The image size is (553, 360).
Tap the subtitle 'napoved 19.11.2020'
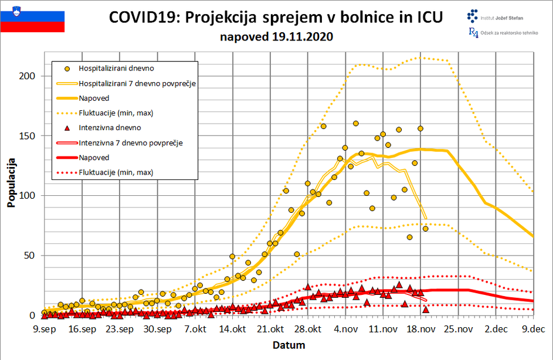(276, 37)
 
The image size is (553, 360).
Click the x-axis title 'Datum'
(289, 345)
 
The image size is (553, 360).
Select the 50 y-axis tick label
(29, 255)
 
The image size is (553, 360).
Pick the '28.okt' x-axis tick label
(307, 330)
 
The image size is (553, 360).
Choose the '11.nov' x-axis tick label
(382, 330)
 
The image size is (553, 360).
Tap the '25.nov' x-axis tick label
(457, 330)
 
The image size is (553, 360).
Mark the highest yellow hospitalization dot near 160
(355, 123)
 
